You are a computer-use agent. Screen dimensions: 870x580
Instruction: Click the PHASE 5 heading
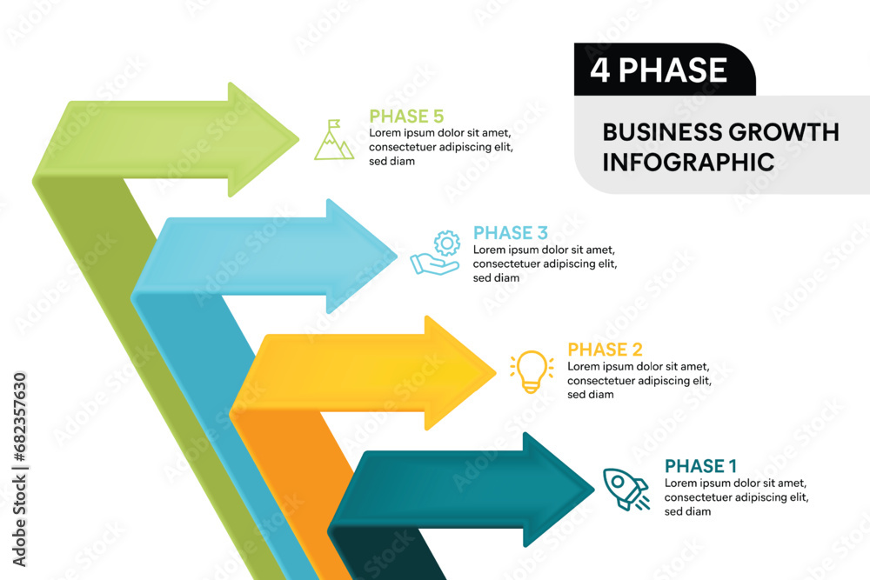[x=406, y=117]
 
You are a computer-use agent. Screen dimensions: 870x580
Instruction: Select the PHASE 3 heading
[x=511, y=233]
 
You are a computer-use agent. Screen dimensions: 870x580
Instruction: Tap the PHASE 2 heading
[x=605, y=350]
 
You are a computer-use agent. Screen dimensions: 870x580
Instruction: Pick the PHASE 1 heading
[x=700, y=466]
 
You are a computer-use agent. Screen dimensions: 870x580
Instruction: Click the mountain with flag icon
[x=334, y=140]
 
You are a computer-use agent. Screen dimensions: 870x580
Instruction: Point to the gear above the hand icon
[x=446, y=243]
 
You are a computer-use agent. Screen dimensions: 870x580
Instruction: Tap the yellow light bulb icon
[x=532, y=371]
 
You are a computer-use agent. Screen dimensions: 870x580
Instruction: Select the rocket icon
[x=626, y=489]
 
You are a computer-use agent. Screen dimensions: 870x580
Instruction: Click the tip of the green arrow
[x=298, y=140]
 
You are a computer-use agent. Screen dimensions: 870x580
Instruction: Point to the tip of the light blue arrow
[x=397, y=257]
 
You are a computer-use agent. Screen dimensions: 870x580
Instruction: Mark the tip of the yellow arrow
[x=496, y=373]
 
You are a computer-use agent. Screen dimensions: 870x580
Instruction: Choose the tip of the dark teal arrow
[x=593, y=489]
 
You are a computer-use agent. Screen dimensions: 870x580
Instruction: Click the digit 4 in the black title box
[x=599, y=70]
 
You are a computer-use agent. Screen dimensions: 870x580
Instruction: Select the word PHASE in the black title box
[x=673, y=70]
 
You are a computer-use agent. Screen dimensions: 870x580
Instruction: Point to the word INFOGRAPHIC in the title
[x=688, y=163]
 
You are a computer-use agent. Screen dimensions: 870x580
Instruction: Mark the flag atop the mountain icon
[x=334, y=123]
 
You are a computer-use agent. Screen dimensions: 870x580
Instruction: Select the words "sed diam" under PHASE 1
[x=687, y=511]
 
